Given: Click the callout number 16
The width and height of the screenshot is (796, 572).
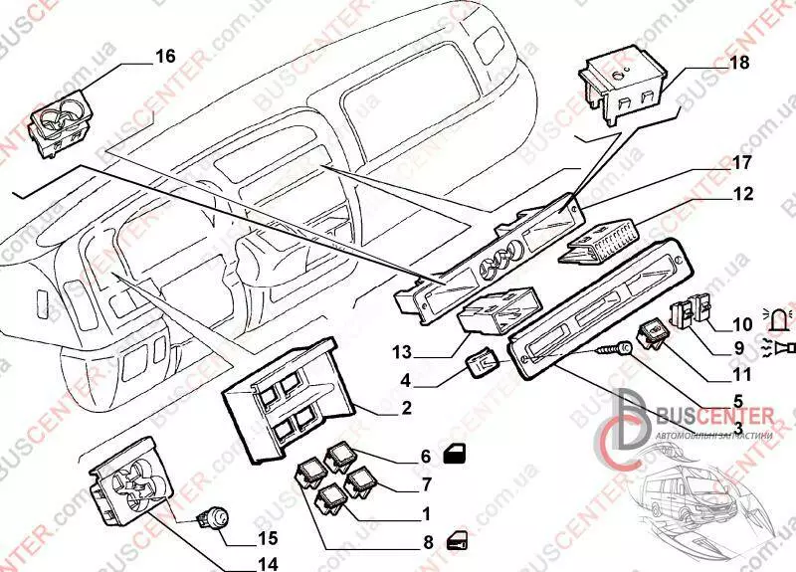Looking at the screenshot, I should click(x=165, y=57).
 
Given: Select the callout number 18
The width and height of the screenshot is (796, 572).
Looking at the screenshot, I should click(x=738, y=64).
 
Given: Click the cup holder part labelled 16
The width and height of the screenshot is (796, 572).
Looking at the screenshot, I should click(x=61, y=126).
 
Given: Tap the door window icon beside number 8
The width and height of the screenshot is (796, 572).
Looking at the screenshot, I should click(x=459, y=540).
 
